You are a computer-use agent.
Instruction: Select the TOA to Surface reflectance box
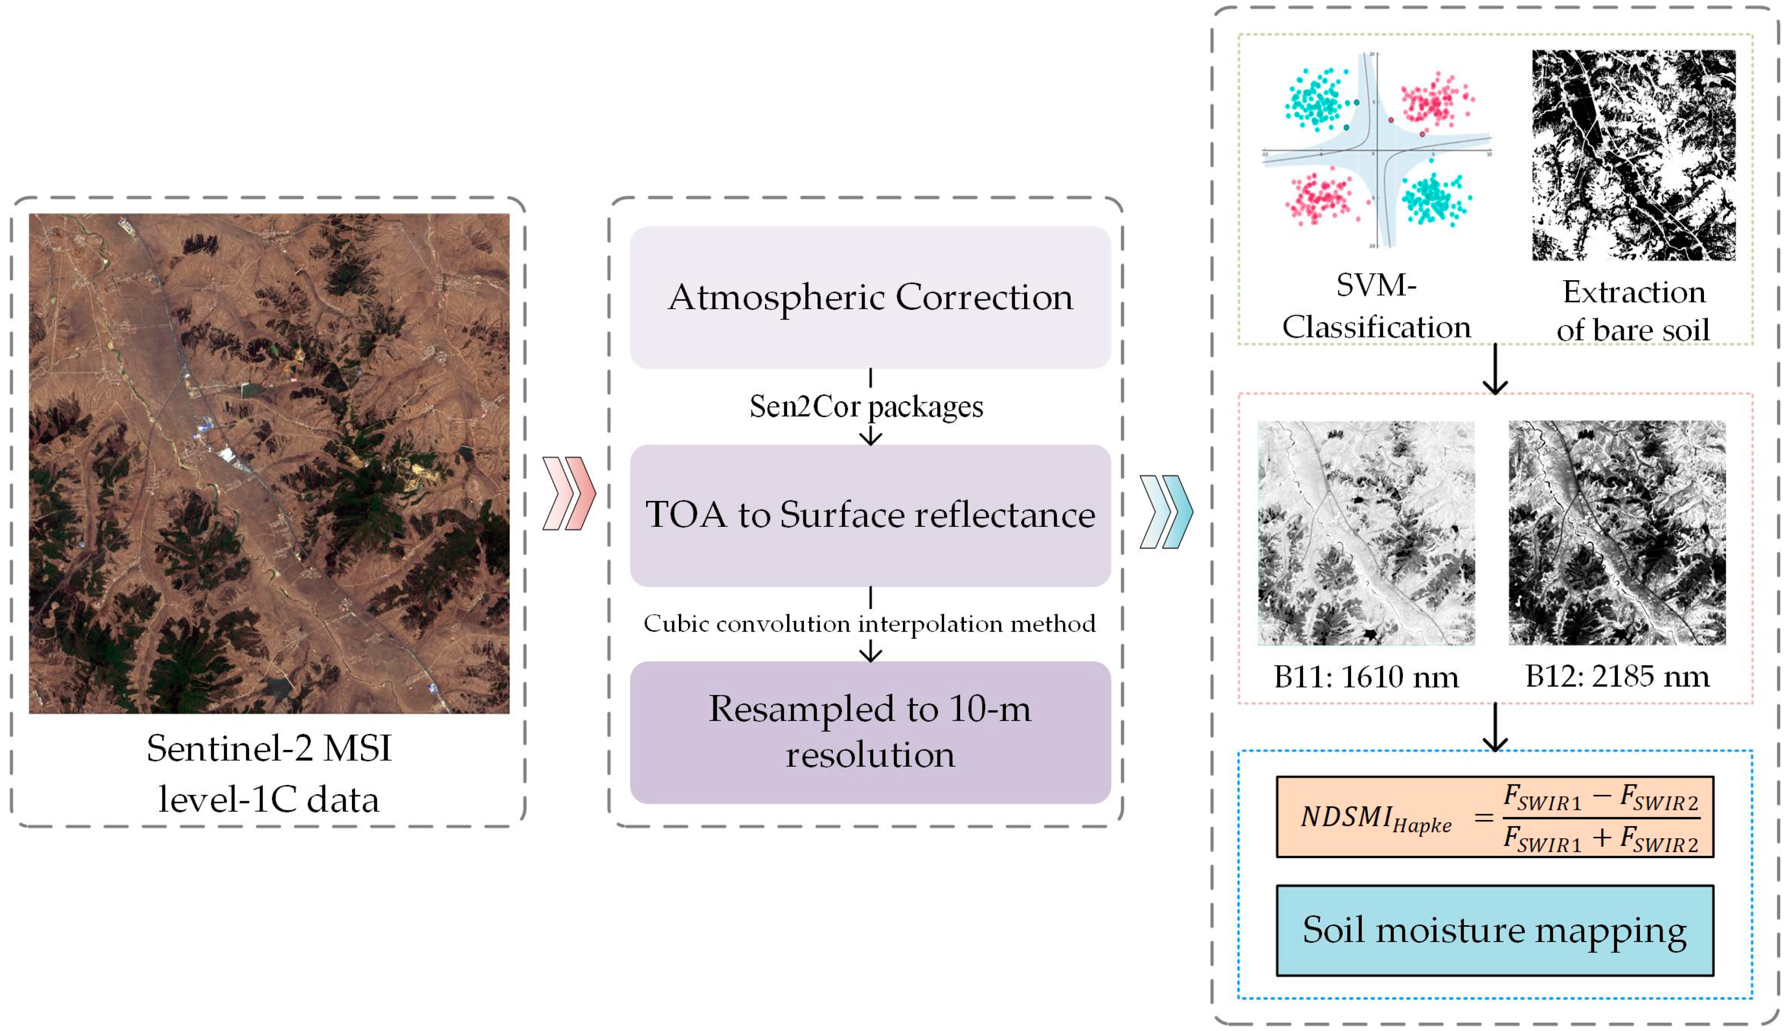[x=870, y=515]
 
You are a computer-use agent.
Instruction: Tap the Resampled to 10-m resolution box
[x=870, y=732]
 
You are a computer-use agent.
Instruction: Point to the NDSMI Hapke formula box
[x=1494, y=817]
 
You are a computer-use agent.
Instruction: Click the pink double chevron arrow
[x=569, y=494]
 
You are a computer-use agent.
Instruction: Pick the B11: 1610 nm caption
[x=1365, y=677]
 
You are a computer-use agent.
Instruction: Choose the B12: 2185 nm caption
[x=1617, y=677]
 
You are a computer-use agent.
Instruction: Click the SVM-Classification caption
[x=1376, y=307]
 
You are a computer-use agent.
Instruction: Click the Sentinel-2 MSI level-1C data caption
[x=269, y=774]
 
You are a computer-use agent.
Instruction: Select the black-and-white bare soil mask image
[x=1633, y=155]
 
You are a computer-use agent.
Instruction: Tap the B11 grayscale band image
[x=1365, y=533]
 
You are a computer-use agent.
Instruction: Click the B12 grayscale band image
[x=1617, y=533]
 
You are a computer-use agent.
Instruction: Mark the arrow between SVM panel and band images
[x=1494, y=370]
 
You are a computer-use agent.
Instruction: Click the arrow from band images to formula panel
[x=1494, y=727]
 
